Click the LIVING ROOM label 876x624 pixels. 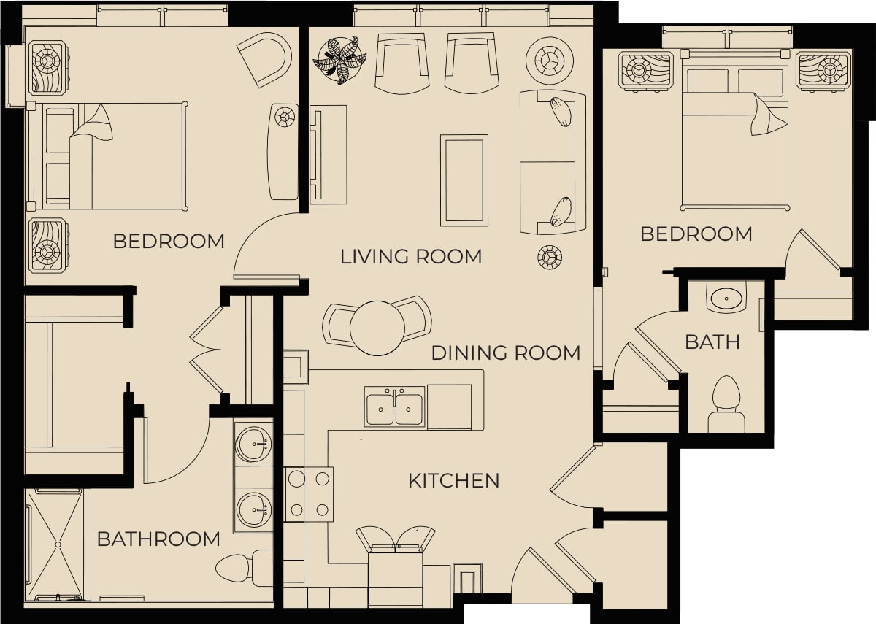click(411, 257)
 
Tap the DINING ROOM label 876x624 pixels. click(506, 353)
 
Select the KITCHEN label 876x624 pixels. click(453, 481)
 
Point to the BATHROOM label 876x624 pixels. click(158, 539)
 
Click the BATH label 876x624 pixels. click(712, 342)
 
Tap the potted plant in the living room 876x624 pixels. click(340, 60)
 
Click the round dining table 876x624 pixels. click(377, 328)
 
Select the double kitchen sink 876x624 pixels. click(395, 407)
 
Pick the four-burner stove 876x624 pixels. click(309, 494)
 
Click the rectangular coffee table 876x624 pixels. click(464, 180)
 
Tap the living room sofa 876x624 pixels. click(553, 162)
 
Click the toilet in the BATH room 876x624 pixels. click(726, 404)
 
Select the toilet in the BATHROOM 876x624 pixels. click(244, 568)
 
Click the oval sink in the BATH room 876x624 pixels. click(726, 298)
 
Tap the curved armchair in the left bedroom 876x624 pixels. click(265, 59)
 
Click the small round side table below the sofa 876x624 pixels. click(550, 257)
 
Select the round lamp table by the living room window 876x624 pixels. click(550, 61)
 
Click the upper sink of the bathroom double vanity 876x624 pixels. click(254, 444)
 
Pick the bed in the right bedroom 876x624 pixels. click(736, 131)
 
